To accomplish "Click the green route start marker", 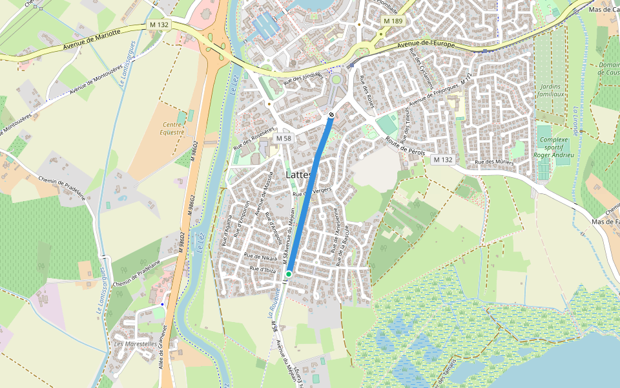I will click(x=289, y=274).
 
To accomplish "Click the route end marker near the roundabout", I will click(x=331, y=114).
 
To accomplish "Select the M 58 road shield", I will click(x=283, y=138).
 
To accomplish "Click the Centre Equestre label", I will click(x=172, y=128).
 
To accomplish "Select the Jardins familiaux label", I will click(x=550, y=90).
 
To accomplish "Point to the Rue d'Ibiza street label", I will click(x=263, y=268).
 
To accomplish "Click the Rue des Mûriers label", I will click(x=494, y=162).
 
